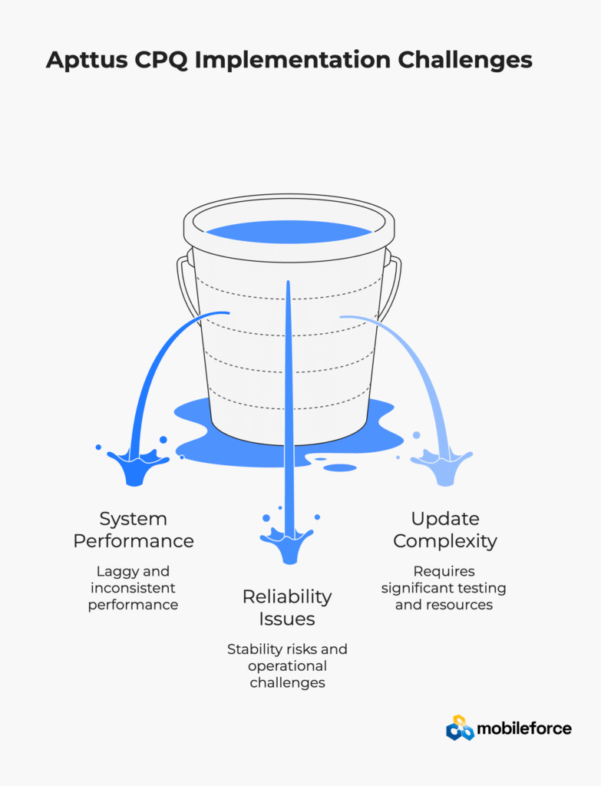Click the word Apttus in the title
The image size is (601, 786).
tap(85, 61)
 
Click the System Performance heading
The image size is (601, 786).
tap(134, 530)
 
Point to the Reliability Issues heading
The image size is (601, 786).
tap(287, 607)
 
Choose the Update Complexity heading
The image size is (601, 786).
tap(445, 530)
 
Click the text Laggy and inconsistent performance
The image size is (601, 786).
tap(133, 588)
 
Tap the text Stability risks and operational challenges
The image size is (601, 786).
tap(287, 665)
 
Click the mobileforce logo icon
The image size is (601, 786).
tap(460, 728)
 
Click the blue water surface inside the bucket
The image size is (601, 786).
tap(289, 231)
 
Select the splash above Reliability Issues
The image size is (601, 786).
tap(287, 540)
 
